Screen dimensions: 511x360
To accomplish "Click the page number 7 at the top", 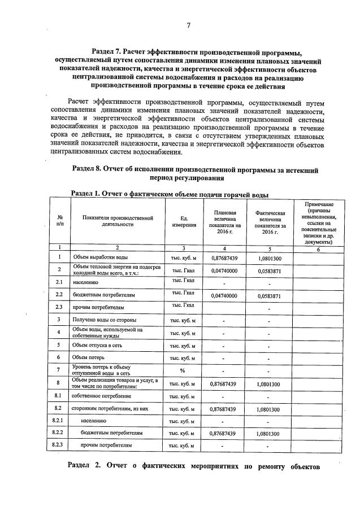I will tap(188, 25).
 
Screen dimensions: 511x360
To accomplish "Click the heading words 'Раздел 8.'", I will tap(92, 169).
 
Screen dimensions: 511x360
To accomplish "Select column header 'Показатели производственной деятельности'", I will tap(117, 221).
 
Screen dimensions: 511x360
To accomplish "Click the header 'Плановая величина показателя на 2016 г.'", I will tap(224, 221).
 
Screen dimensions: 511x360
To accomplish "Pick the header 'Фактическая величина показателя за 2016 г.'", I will tap(270, 221).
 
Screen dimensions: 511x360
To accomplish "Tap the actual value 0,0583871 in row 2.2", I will tap(270, 295).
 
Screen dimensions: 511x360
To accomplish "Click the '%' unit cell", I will tap(183, 370).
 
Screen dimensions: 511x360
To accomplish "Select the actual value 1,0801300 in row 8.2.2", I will tap(270, 433).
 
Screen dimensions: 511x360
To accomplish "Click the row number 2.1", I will tap(59, 281).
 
